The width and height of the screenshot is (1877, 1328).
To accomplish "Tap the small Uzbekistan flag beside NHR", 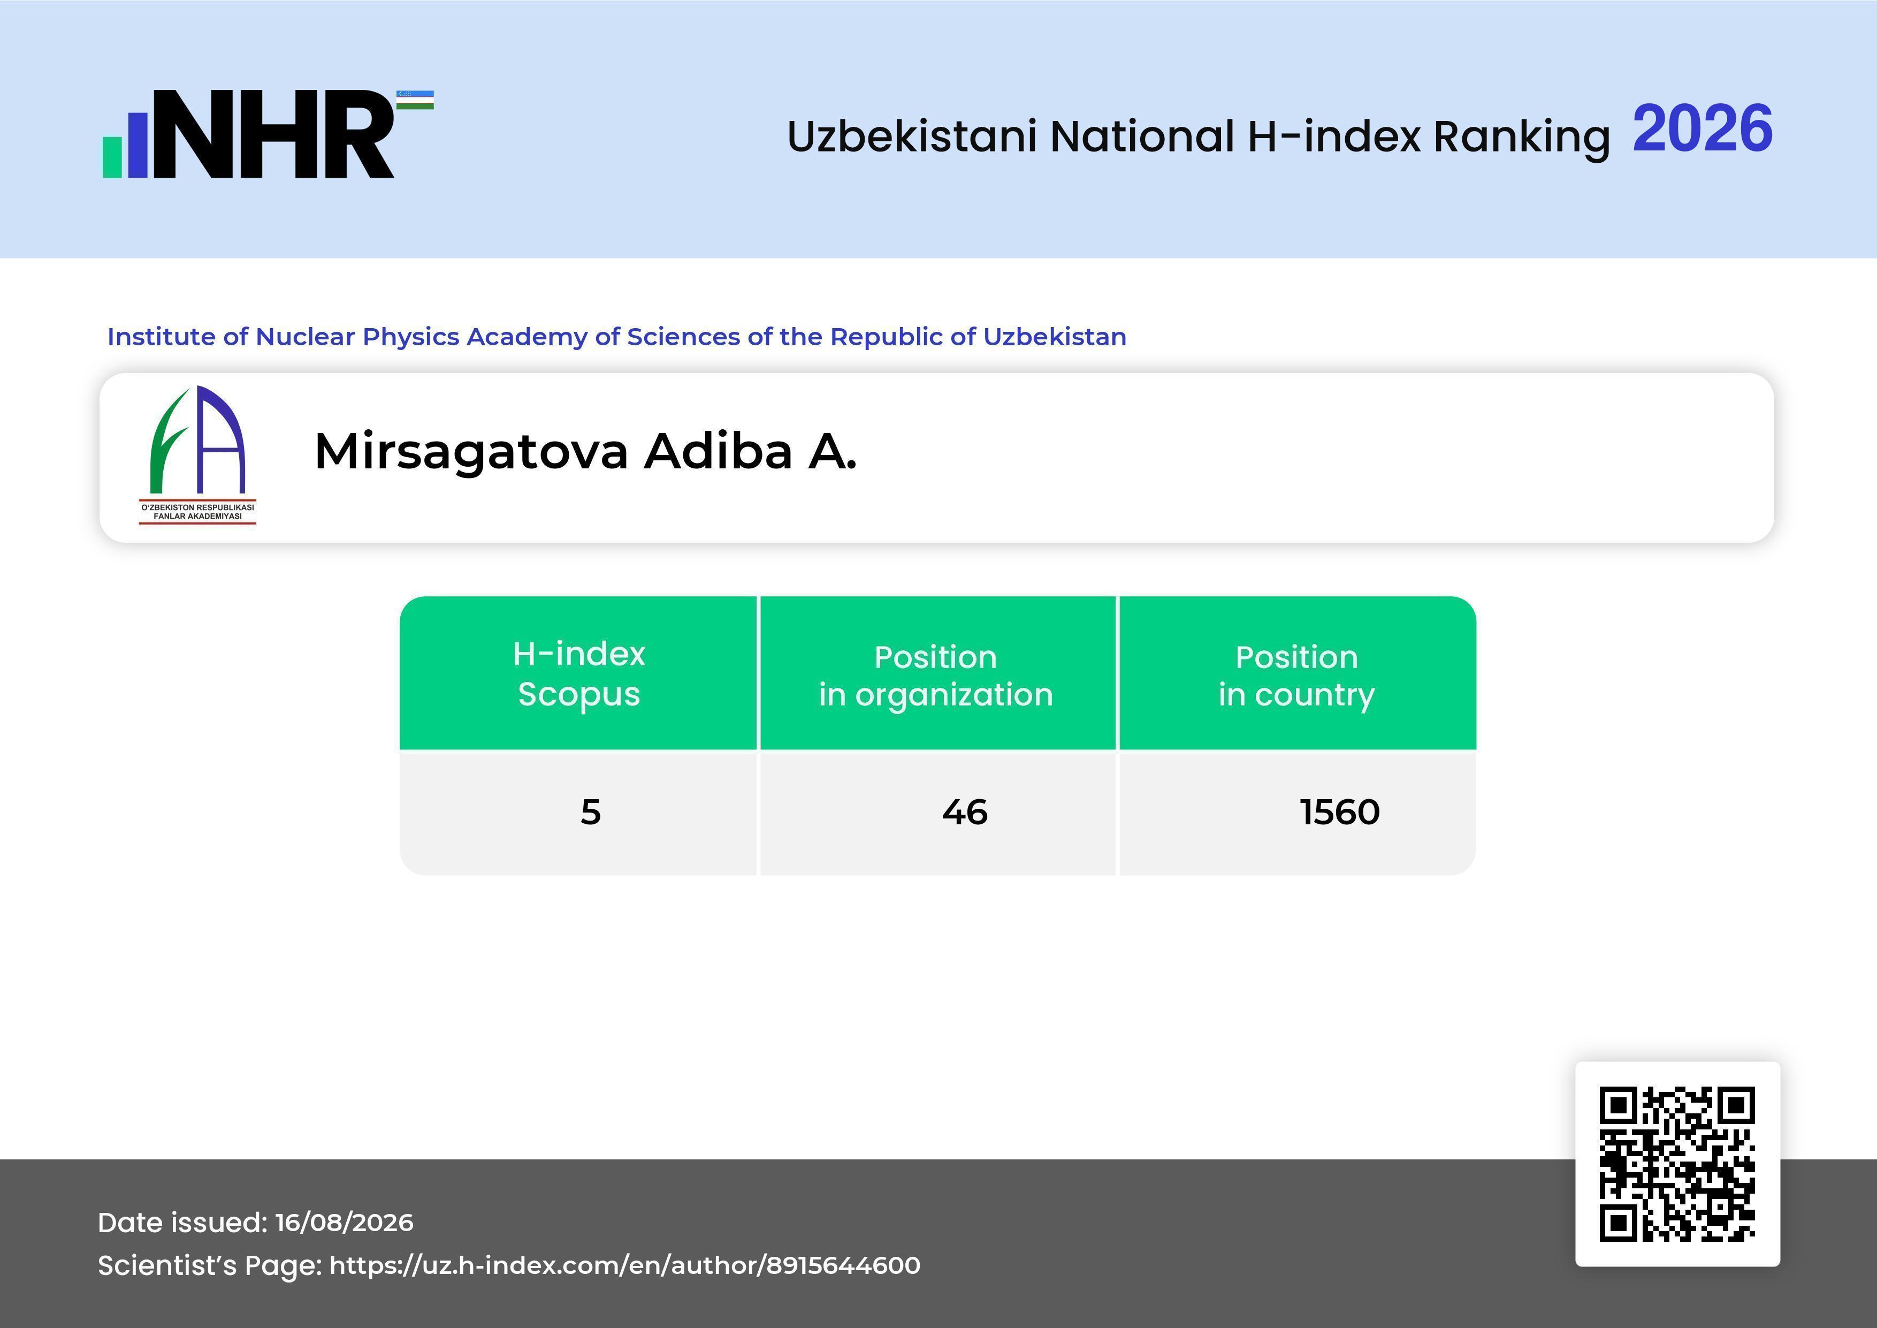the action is (x=415, y=100).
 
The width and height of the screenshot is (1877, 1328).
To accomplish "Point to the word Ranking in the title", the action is (x=1521, y=136).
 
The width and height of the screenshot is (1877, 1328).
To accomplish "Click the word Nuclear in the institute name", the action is (x=305, y=336).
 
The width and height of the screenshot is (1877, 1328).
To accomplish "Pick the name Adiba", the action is (x=719, y=451).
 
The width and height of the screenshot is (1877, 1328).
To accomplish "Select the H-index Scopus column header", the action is (x=579, y=674).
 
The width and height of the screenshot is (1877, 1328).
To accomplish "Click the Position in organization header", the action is (x=936, y=676).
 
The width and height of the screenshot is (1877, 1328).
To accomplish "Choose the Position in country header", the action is (x=1296, y=676).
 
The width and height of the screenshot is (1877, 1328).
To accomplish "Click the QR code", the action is (x=1677, y=1164).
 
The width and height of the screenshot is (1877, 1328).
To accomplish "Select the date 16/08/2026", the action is (x=344, y=1223).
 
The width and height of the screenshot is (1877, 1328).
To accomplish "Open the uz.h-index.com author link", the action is (x=624, y=1265).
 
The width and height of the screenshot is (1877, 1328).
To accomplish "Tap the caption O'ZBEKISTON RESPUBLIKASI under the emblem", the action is (x=198, y=507).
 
